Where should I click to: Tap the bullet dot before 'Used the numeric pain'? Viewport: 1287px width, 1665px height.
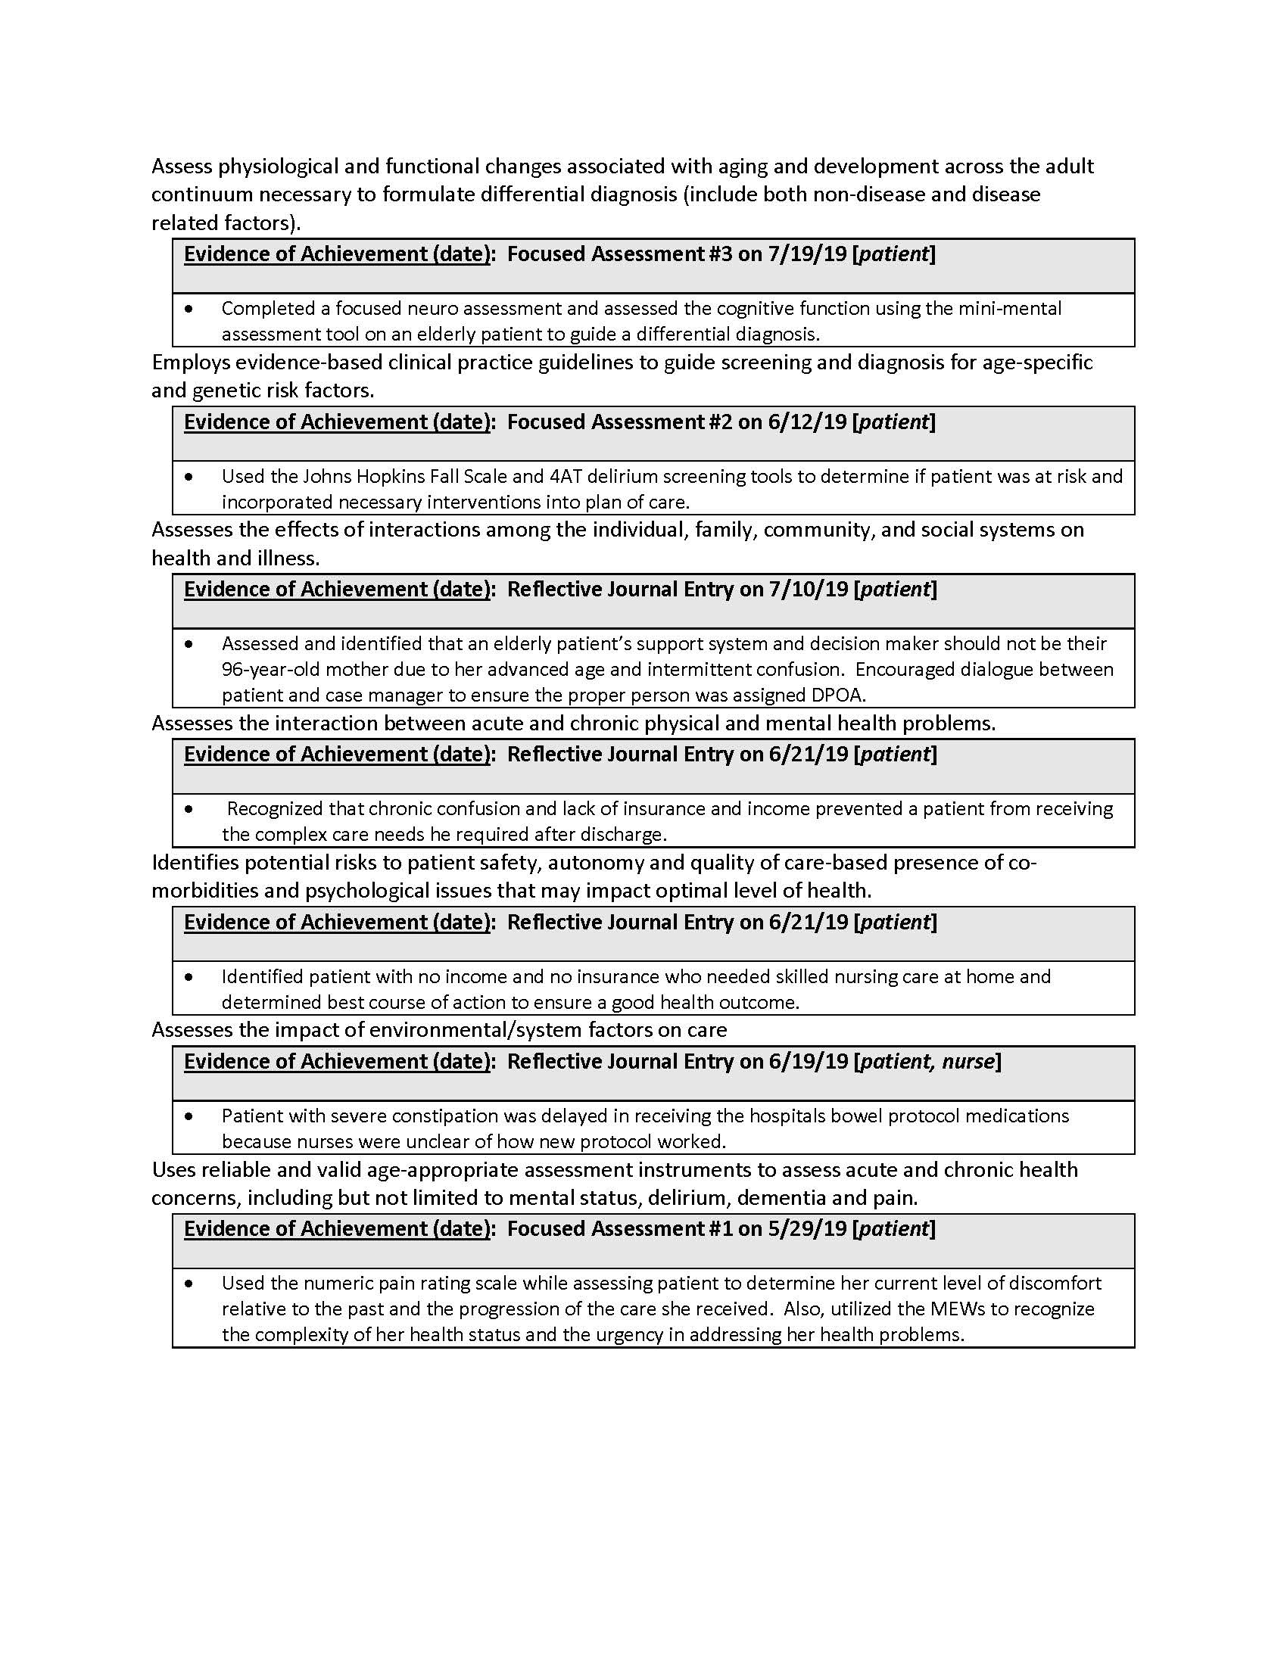189,1284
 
